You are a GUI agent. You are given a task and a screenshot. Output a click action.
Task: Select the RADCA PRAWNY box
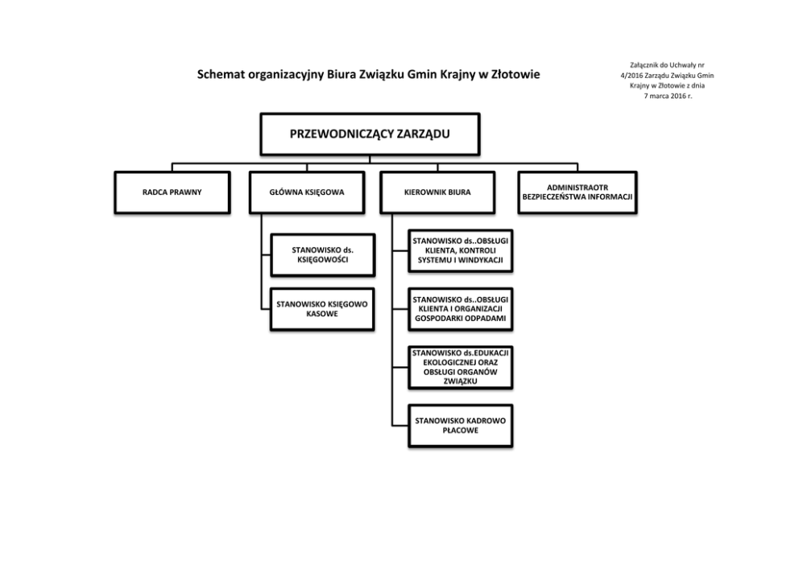click(x=172, y=193)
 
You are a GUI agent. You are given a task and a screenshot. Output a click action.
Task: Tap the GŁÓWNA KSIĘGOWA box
click(x=308, y=193)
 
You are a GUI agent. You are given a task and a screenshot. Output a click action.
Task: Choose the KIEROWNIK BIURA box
click(x=437, y=193)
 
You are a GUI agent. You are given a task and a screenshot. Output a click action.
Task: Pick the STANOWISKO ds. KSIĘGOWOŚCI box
click(x=322, y=255)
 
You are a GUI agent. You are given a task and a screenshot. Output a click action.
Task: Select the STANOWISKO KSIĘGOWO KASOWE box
click(x=322, y=309)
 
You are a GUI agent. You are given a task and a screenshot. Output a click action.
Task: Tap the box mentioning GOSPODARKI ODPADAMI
click(x=460, y=309)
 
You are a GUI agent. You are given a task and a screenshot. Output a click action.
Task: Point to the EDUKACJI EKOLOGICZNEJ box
click(x=460, y=367)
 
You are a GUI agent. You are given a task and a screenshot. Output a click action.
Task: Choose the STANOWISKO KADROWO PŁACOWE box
click(x=460, y=425)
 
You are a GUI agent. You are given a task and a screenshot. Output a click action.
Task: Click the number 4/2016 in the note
click(x=623, y=75)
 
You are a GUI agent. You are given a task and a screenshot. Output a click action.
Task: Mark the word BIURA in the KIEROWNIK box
click(x=458, y=193)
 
